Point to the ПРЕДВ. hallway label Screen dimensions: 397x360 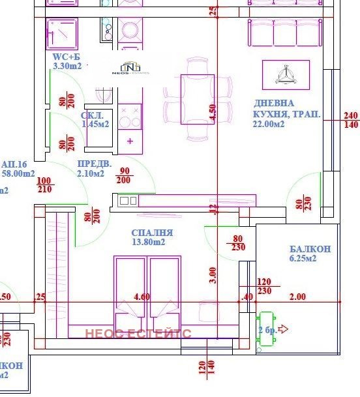(91, 164)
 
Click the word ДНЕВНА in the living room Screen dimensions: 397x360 (274, 103)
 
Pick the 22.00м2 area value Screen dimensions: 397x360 (269, 125)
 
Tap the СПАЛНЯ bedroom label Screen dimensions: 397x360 (152, 232)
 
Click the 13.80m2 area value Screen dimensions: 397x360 (149, 242)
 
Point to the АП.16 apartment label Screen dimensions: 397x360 (14, 164)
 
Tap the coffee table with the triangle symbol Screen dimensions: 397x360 (285, 74)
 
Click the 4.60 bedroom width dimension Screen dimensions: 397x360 (142, 297)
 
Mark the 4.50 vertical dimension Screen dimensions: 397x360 (212, 112)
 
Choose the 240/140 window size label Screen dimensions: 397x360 (350, 120)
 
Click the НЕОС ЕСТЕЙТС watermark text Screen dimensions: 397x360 (138, 333)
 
